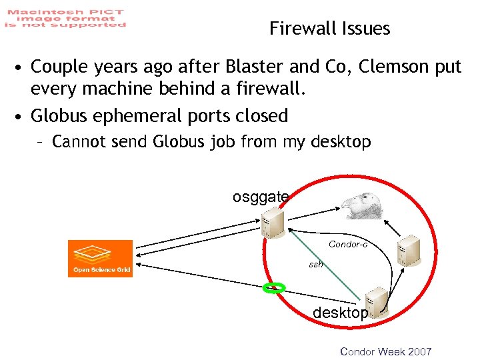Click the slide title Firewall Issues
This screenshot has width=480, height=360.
(x=329, y=29)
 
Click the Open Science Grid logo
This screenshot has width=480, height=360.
(x=100, y=258)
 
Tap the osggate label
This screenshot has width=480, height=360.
(x=260, y=197)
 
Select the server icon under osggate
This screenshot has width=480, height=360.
(x=273, y=222)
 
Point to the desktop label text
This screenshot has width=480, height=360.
(x=340, y=313)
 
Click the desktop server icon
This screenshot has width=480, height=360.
(x=376, y=302)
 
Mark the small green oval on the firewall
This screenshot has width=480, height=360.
(x=273, y=288)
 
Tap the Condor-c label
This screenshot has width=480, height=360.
(x=347, y=245)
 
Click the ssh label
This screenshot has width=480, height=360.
(x=315, y=264)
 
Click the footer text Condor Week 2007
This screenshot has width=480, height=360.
(x=385, y=351)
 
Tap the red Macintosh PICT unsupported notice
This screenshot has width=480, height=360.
(x=65, y=18)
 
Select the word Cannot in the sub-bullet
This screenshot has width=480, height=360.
(x=77, y=142)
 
